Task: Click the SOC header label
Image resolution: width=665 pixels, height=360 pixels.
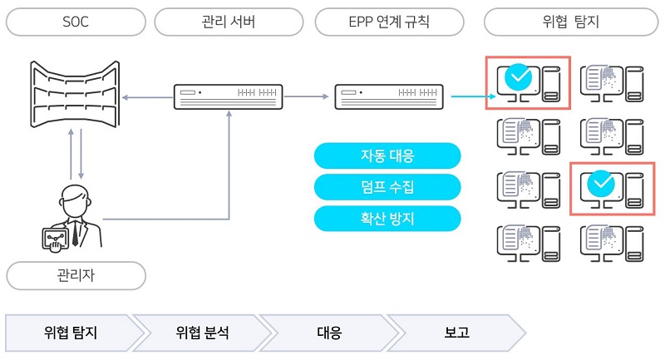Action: pyautogui.click(x=76, y=22)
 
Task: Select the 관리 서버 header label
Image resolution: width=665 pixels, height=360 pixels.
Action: pyautogui.click(x=229, y=22)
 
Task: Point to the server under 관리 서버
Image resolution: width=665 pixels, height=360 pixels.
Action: pyautogui.click(x=229, y=97)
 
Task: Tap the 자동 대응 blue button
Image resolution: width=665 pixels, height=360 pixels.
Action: pyautogui.click(x=387, y=155)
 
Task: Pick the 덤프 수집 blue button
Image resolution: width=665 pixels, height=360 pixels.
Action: pyautogui.click(x=387, y=187)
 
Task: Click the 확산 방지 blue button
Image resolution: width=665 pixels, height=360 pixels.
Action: pyautogui.click(x=387, y=218)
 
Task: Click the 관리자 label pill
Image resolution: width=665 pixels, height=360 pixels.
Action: pyautogui.click(x=76, y=274)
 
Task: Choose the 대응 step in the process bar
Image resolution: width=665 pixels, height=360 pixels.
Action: pyautogui.click(x=329, y=333)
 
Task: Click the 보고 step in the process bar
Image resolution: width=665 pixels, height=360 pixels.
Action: pyautogui.click(x=457, y=333)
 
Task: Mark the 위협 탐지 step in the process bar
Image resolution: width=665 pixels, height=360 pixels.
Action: pyautogui.click(x=71, y=333)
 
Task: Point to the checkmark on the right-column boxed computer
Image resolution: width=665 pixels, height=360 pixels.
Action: pyautogui.click(x=598, y=185)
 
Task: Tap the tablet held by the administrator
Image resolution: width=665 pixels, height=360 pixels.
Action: pyautogui.click(x=56, y=239)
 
